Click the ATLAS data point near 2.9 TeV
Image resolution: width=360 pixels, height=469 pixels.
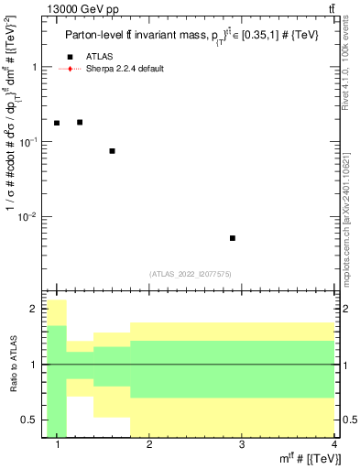[233, 238]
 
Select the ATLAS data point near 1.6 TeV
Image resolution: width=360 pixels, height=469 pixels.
[112, 151]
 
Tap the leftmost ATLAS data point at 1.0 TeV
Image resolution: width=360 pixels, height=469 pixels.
[57, 123]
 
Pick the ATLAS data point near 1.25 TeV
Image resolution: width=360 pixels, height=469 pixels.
[80, 122]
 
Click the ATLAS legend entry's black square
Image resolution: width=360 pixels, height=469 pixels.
[70, 58]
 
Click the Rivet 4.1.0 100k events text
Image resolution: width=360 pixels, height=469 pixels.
[345, 67]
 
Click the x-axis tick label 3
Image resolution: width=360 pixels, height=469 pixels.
[241, 444]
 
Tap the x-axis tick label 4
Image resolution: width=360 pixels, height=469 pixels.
[333, 444]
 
